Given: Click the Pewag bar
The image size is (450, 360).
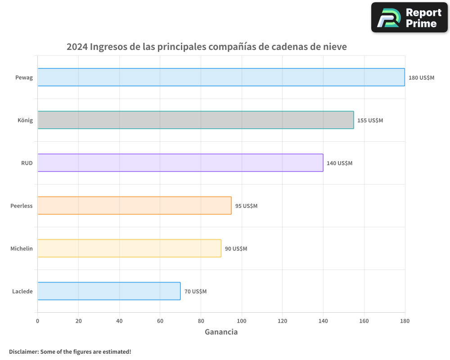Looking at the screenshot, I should (221, 77).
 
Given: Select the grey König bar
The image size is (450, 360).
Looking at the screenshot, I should (196, 120).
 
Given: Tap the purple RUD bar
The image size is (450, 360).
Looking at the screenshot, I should (180, 163).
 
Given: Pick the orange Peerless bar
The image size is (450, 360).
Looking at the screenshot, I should (134, 206).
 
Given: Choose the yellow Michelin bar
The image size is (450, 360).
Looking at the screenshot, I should (129, 248).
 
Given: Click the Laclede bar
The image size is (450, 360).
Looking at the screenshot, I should (109, 291).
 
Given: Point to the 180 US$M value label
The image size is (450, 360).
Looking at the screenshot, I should (421, 78).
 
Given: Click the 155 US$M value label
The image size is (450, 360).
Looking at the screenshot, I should (370, 121).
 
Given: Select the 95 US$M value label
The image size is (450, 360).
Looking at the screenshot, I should (246, 206).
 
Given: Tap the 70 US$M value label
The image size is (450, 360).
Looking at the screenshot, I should (195, 292).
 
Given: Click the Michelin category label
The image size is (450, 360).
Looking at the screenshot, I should (22, 248).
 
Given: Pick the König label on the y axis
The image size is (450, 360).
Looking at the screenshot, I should (25, 120).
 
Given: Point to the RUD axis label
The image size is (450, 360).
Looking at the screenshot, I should (27, 163).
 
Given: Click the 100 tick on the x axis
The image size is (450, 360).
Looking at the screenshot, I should (242, 321).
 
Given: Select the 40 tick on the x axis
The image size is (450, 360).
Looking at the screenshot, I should (119, 321).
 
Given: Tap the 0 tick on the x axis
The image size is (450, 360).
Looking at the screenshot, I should (38, 321).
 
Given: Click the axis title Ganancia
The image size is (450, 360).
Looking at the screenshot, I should (221, 332).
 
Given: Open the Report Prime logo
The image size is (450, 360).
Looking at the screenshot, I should (409, 18).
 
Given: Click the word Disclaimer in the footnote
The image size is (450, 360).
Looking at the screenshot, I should (23, 351).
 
